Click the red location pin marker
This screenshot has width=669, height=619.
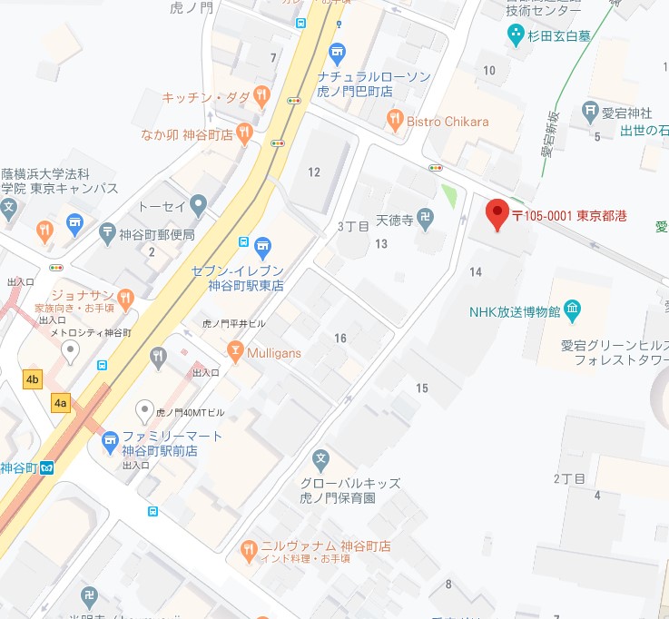(x=497, y=214)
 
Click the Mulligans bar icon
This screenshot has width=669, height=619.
(x=235, y=350)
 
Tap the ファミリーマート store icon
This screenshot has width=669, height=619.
(x=110, y=440)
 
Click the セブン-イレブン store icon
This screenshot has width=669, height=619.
(x=262, y=244)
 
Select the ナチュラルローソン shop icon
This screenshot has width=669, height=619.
(x=338, y=52)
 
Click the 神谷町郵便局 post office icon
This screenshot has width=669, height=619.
(x=108, y=233)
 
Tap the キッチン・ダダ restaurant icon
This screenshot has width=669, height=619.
(x=261, y=93)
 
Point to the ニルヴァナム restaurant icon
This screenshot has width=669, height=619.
(x=249, y=548)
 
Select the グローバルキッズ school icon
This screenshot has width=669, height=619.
(x=320, y=459)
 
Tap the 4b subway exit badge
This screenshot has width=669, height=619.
(x=34, y=378)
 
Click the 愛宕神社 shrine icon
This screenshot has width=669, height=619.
(x=590, y=113)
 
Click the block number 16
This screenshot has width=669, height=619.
(x=340, y=338)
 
